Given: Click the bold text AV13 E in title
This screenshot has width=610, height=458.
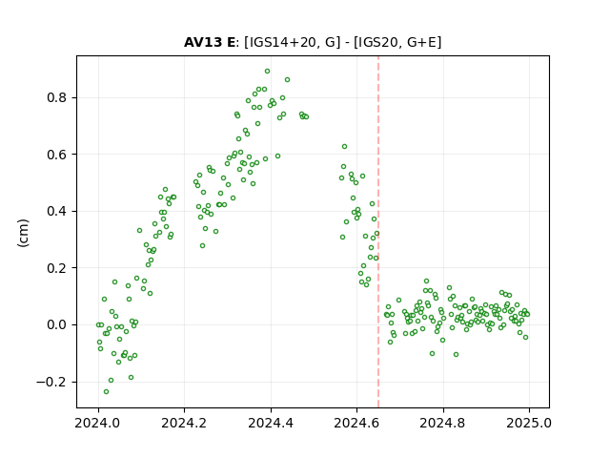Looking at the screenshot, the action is pyautogui.click(x=210, y=42).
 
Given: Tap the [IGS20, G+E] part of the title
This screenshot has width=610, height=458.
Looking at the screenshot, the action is pyautogui.click(x=397, y=42).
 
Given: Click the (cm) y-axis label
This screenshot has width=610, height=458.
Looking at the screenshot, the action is pyautogui.click(x=23, y=233).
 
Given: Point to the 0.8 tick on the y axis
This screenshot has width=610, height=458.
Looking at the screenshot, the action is pyautogui.click(x=57, y=97).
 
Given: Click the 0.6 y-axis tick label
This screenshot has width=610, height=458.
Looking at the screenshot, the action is pyautogui.click(x=57, y=155).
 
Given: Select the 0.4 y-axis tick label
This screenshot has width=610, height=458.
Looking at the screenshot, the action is pyautogui.click(x=57, y=211).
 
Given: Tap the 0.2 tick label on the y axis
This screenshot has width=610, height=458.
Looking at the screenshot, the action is pyautogui.click(x=57, y=268).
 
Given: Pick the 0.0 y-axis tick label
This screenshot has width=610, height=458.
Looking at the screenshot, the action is pyautogui.click(x=57, y=324).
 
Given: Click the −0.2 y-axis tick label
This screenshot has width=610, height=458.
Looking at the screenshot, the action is pyautogui.click(x=51, y=382).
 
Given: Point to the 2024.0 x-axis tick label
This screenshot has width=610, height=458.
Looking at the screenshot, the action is pyautogui.click(x=98, y=423).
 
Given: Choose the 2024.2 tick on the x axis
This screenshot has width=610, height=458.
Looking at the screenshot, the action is pyautogui.click(x=184, y=423).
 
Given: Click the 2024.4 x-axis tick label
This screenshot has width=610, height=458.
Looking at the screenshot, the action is pyautogui.click(x=271, y=423).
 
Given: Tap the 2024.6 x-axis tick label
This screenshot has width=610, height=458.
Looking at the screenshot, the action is pyautogui.click(x=356, y=423).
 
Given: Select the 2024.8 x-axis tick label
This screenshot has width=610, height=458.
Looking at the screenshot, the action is pyautogui.click(x=442, y=423).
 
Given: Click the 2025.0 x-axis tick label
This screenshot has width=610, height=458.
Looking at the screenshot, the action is pyautogui.click(x=529, y=423).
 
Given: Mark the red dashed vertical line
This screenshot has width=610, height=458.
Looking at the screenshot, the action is pyautogui.click(x=378, y=232).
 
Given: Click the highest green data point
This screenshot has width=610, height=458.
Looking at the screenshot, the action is pyautogui.click(x=267, y=72).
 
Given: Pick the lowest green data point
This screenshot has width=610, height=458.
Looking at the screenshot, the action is pyautogui.click(x=106, y=392).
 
